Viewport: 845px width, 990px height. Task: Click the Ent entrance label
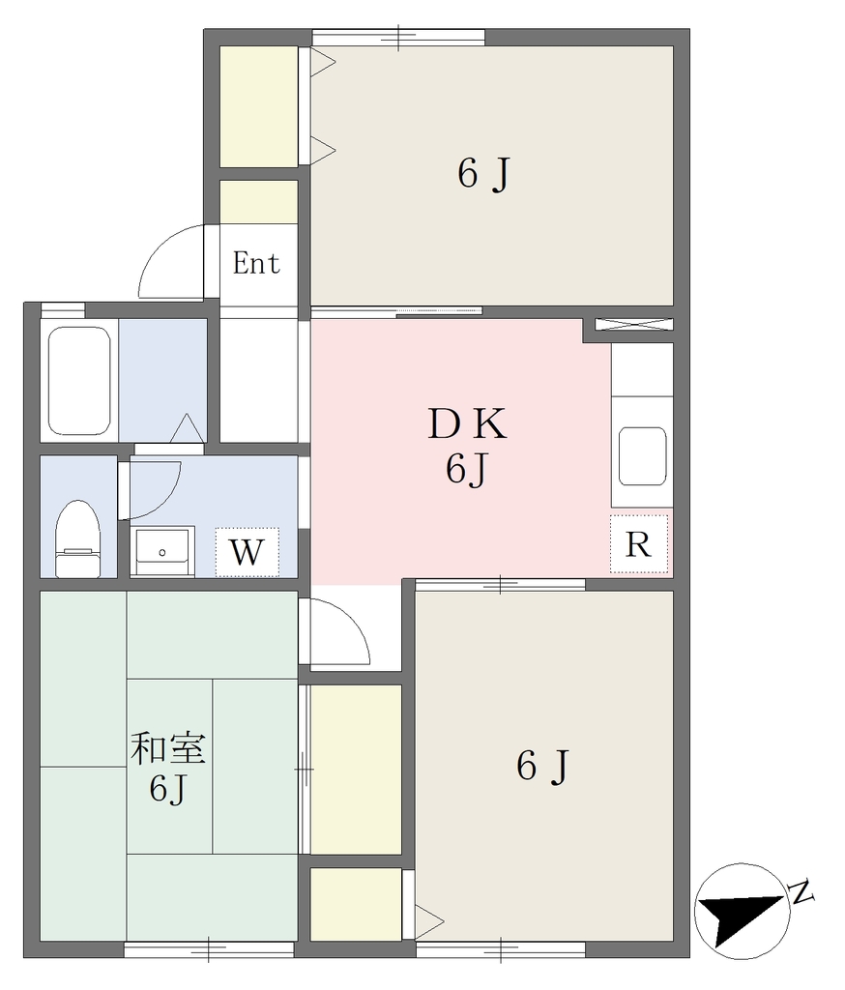click(256, 263)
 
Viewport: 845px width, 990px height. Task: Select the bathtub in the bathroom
click(79, 381)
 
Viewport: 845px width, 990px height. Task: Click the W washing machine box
click(247, 552)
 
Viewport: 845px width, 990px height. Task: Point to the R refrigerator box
click(638, 543)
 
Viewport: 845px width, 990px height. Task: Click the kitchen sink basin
click(642, 456)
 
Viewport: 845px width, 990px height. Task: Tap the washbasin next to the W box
click(162, 551)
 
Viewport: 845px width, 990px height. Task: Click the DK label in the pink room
click(467, 424)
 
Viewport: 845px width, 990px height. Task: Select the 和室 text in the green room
click(168, 749)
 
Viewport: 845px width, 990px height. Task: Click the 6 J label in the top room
click(483, 174)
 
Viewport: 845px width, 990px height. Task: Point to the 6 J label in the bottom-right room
click(542, 766)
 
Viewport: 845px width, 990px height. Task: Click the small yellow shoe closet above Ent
click(259, 202)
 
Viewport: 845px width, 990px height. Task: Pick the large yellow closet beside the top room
click(259, 106)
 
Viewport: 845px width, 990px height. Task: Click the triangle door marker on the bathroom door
click(187, 427)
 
